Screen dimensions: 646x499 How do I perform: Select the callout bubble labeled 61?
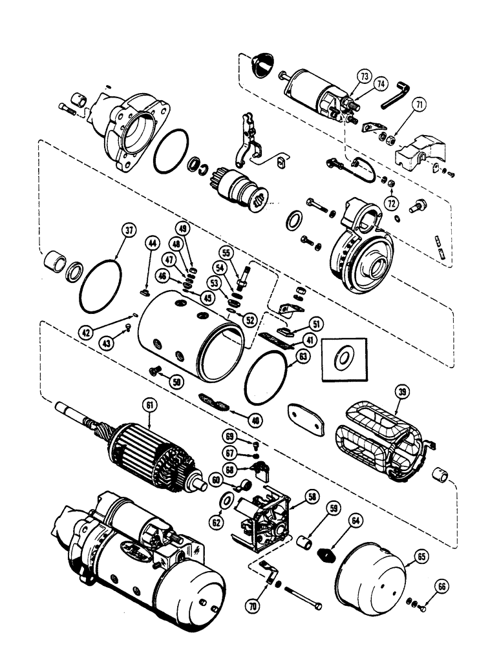[x=151, y=405]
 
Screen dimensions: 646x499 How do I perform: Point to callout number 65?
[x=421, y=556]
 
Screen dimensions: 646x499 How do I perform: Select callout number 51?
[x=316, y=324]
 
